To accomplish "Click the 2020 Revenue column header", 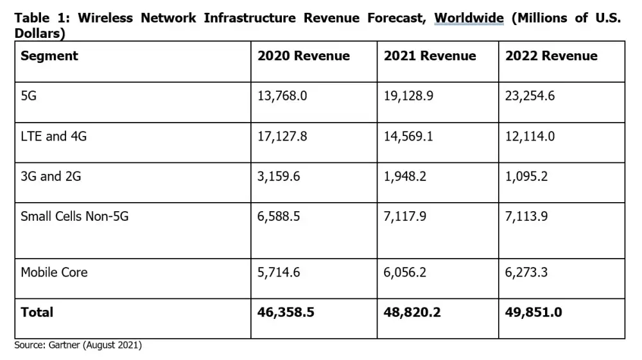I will [304, 56].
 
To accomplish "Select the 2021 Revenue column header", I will [430, 56].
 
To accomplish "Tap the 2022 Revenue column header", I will [551, 56].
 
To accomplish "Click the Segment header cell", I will [49, 56].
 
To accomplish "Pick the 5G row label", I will [29, 96].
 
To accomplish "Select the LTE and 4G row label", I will [54, 136].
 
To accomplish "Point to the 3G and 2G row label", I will [51, 176].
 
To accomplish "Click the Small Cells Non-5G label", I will [74, 216].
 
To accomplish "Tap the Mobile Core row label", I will [54, 272].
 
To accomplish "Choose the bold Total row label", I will [37, 313].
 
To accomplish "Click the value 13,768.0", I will [282, 96].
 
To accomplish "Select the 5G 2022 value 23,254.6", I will [530, 96].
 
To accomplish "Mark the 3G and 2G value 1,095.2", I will [526, 176].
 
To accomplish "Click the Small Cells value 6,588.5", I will [279, 216].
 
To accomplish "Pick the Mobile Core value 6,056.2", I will [405, 272].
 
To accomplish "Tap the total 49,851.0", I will [534, 313].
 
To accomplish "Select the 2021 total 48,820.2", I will [412, 313].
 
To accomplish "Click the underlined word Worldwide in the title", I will [469, 18].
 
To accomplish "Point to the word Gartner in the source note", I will [63, 345].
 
